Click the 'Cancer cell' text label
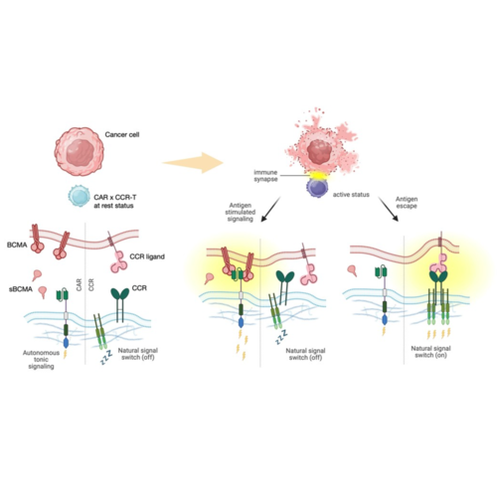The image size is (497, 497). (x=122, y=134)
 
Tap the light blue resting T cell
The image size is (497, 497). (x=79, y=196)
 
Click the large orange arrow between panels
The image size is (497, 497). (x=193, y=162)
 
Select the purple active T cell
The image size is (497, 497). (x=317, y=188)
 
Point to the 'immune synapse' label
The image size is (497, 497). (x=265, y=176)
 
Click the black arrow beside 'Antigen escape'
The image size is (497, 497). (x=389, y=209)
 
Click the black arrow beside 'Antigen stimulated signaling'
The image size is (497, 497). (x=270, y=210)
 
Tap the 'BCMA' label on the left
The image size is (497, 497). (x=17, y=246)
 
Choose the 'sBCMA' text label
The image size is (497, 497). (x=21, y=289)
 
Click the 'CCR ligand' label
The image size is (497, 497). (x=147, y=256)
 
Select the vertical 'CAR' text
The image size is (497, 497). (x=79, y=285)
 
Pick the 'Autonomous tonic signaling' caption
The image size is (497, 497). (x=41, y=360)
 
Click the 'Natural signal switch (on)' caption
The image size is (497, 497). (x=430, y=352)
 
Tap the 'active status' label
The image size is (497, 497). (x=351, y=195)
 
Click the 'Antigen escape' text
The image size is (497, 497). (x=407, y=203)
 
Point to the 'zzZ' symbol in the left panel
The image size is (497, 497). (x=107, y=358)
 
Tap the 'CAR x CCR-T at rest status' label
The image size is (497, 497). (x=114, y=202)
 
